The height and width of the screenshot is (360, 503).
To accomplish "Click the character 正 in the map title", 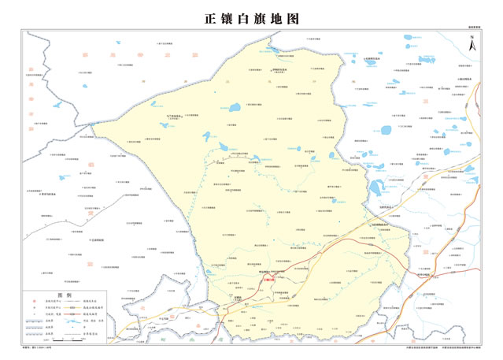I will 209,17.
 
